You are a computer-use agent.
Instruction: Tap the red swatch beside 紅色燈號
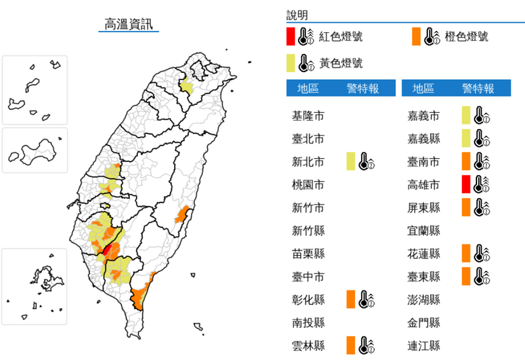tap(290, 36)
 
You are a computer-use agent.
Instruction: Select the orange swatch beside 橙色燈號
tap(416, 36)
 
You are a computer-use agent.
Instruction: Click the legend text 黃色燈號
tap(341, 64)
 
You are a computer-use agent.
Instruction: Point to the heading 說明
tap(297, 15)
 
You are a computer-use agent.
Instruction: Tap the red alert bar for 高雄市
tap(465, 184)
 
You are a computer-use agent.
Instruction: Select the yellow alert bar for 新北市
tap(351, 161)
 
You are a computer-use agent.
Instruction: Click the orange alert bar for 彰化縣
tap(351, 299)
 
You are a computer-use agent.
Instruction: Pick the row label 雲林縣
tap(308, 345)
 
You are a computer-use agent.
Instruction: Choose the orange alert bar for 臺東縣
tap(465, 276)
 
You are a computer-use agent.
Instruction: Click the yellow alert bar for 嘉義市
tap(465, 116)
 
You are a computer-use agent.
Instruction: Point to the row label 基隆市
tap(308, 116)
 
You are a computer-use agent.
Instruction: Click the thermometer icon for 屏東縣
tap(482, 207)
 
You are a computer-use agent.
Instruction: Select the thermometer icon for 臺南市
tap(482, 161)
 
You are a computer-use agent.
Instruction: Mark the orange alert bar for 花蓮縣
tap(465, 253)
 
